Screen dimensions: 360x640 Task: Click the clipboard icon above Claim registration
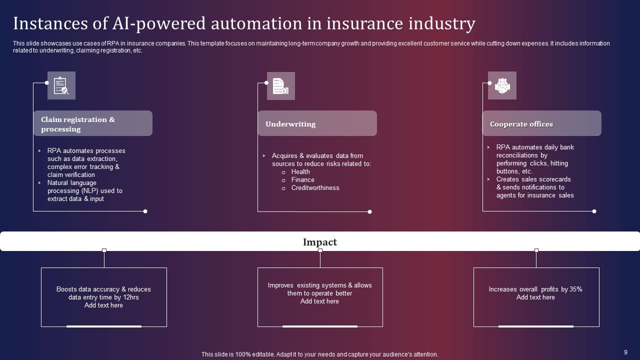(x=61, y=85)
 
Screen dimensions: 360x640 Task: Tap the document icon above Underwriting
(x=280, y=86)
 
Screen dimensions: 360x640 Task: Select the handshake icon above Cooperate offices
(x=502, y=85)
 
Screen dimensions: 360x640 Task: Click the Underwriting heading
(x=290, y=124)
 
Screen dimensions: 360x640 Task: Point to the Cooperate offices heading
(x=521, y=124)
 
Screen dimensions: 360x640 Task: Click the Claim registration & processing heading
(x=78, y=124)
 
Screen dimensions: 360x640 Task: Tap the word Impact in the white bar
(x=320, y=242)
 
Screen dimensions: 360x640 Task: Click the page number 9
(x=625, y=352)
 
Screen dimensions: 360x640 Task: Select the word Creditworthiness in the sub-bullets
(x=315, y=188)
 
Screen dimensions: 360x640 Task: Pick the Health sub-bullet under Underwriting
(x=300, y=172)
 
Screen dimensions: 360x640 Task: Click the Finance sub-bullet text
(x=302, y=180)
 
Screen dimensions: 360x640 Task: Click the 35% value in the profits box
(x=576, y=289)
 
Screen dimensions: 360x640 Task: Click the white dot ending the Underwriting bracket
(x=369, y=211)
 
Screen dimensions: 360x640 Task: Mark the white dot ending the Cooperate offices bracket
(x=594, y=211)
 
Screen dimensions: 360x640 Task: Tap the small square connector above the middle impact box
(x=320, y=250)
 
